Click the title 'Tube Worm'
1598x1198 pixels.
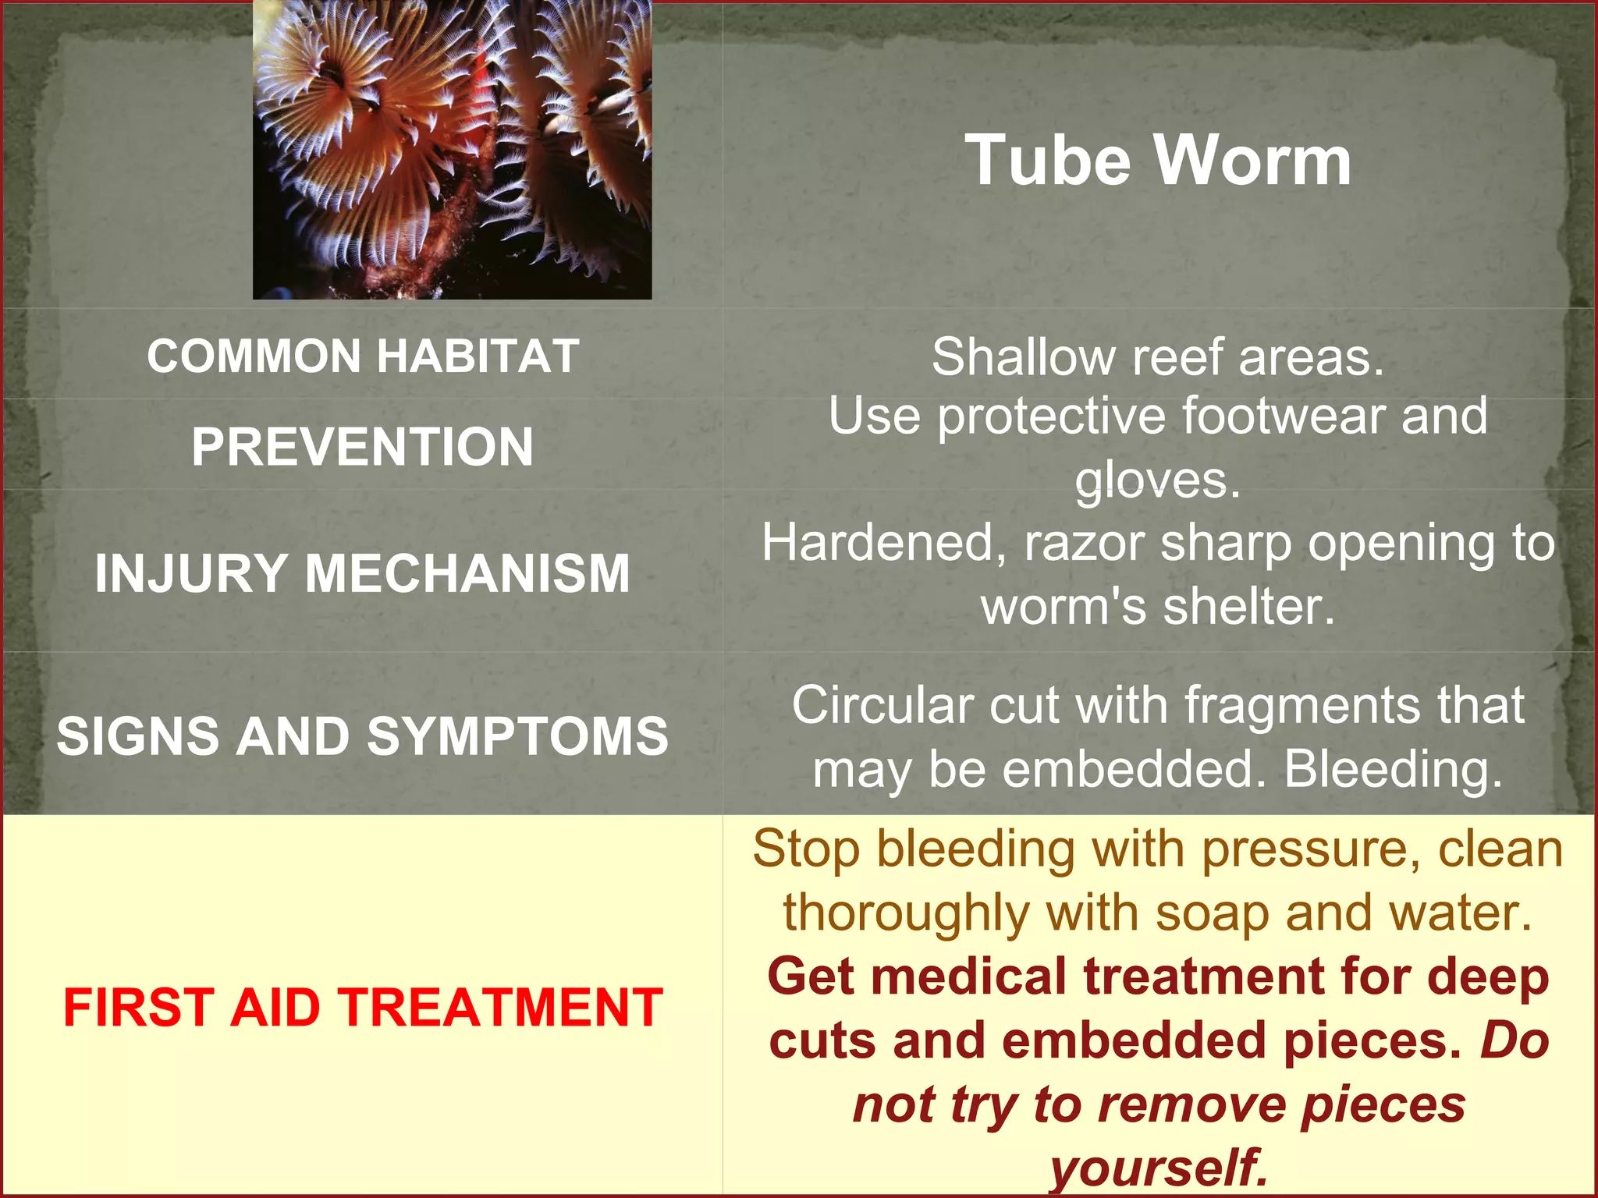coord(1158,160)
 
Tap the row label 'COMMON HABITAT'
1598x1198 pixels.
coord(363,356)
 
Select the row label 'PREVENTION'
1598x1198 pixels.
coord(363,447)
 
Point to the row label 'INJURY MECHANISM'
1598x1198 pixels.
coord(363,573)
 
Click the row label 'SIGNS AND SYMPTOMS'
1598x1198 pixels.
coord(363,735)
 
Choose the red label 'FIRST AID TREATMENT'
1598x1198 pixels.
coord(363,1007)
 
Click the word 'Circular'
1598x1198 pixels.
coord(882,706)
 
